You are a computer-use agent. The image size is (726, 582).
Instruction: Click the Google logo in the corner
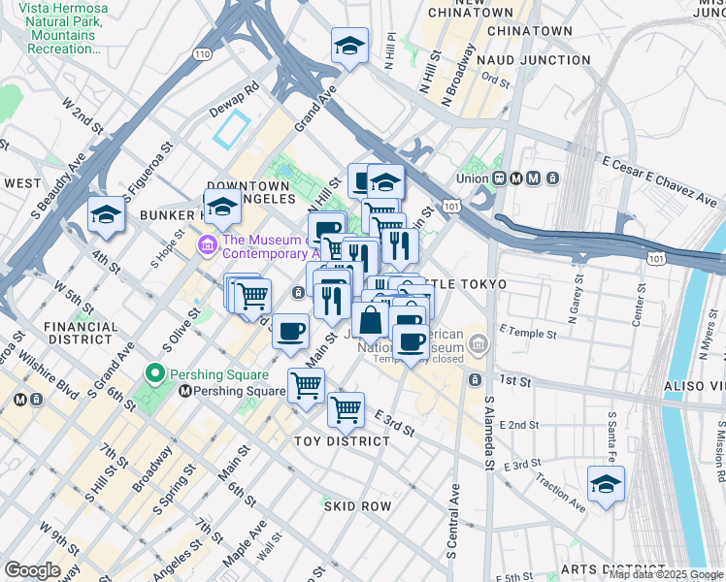point(32,570)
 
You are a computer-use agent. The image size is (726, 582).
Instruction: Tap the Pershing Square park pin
point(153,373)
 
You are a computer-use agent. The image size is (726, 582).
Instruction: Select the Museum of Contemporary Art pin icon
point(208,245)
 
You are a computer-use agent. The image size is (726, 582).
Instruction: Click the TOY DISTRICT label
point(342,441)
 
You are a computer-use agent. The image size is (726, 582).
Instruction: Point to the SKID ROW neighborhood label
point(357,506)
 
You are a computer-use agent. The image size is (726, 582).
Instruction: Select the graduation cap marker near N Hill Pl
point(349,46)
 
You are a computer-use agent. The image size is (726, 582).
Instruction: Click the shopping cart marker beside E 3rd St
point(346,409)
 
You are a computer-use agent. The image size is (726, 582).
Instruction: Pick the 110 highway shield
point(201,55)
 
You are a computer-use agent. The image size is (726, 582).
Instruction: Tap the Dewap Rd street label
point(234,100)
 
